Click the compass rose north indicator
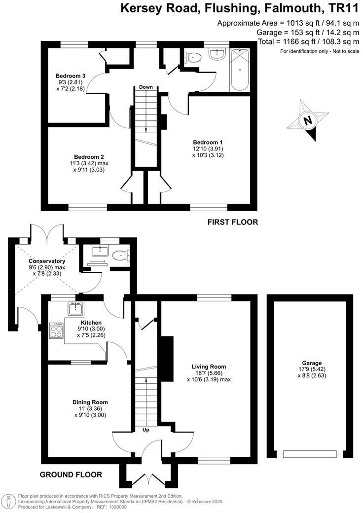click(x=308, y=120)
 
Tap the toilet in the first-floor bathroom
click(x=194, y=58)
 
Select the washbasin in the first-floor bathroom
click(x=217, y=54)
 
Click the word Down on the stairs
click(x=145, y=87)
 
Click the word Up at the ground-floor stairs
click(x=146, y=430)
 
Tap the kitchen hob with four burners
click(x=56, y=330)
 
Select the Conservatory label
click(x=47, y=261)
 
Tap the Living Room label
click(x=209, y=366)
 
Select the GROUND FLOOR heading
click(x=72, y=475)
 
